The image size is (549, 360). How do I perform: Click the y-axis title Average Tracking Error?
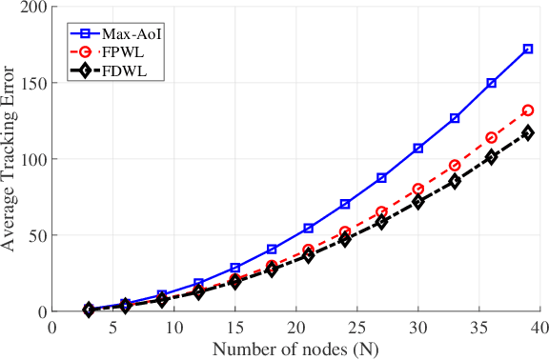[x=10, y=158]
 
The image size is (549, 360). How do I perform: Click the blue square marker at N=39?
[x=528, y=49]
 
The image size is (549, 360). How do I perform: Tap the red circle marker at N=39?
[x=528, y=110]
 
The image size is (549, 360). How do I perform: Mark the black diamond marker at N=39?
[x=528, y=133]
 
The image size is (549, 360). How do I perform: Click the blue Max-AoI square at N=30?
[x=417, y=149]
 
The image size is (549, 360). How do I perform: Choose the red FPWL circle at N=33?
[x=455, y=166]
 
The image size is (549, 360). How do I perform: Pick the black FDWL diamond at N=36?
[x=492, y=157]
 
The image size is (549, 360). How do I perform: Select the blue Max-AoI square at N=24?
[x=344, y=205]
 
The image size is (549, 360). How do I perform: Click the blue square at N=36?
[x=492, y=84]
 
